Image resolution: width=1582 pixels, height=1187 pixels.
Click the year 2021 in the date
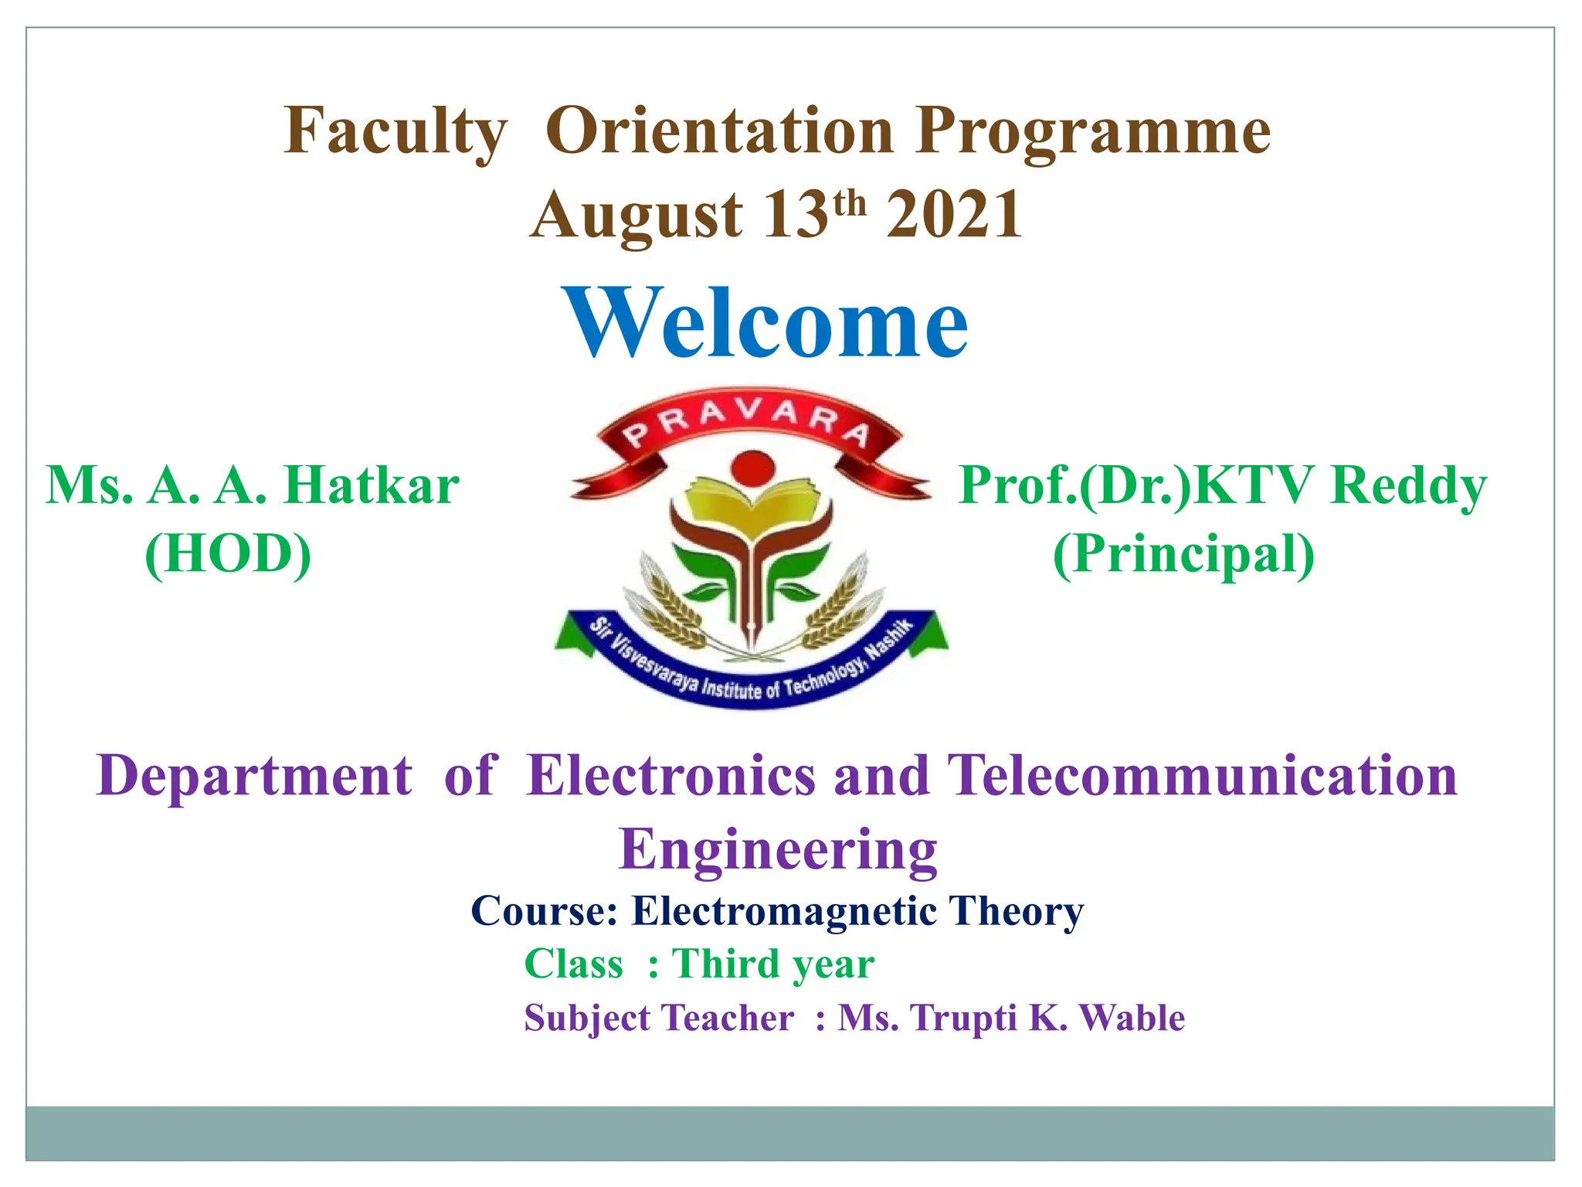click(954, 216)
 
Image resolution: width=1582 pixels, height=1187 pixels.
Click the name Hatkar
click(372, 486)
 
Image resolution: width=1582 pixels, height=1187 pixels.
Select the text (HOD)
click(229, 554)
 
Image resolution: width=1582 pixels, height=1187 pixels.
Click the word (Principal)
click(1183, 554)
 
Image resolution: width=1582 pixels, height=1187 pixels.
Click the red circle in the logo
click(752, 468)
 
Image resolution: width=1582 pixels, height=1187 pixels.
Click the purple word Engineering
click(777, 849)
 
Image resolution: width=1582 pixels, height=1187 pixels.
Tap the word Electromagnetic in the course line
click(784, 911)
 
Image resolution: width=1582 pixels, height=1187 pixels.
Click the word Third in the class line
click(726, 964)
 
